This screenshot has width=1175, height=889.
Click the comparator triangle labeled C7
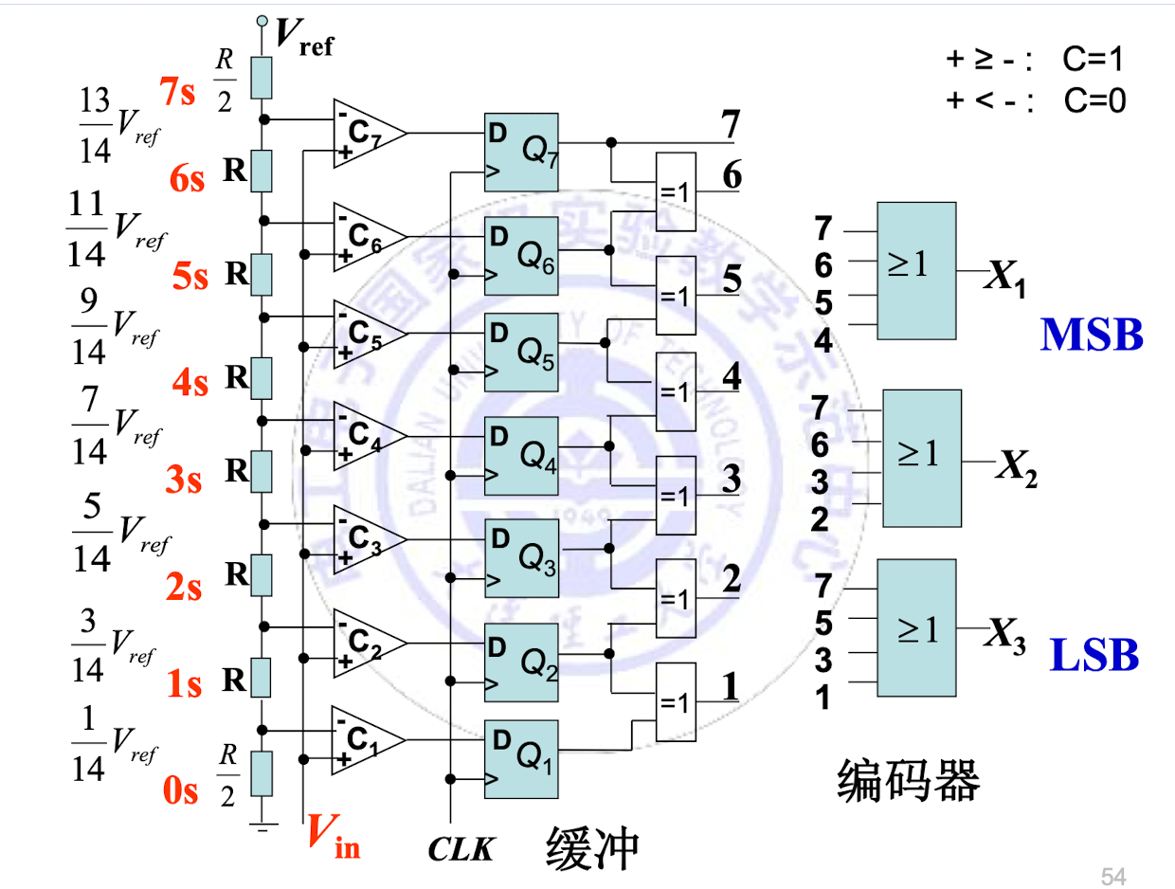(x=365, y=133)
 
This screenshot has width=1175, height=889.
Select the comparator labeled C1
(x=365, y=740)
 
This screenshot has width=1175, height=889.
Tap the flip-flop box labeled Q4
(x=521, y=449)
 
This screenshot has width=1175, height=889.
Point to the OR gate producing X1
(x=916, y=270)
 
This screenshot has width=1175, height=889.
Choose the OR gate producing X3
(x=916, y=627)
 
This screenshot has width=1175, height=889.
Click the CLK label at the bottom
(x=461, y=848)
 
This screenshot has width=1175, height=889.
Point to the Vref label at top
(x=304, y=38)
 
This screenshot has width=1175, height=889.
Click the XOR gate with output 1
(x=676, y=701)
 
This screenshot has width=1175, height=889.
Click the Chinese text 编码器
(x=908, y=782)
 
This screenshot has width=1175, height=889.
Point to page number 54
(x=1112, y=874)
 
